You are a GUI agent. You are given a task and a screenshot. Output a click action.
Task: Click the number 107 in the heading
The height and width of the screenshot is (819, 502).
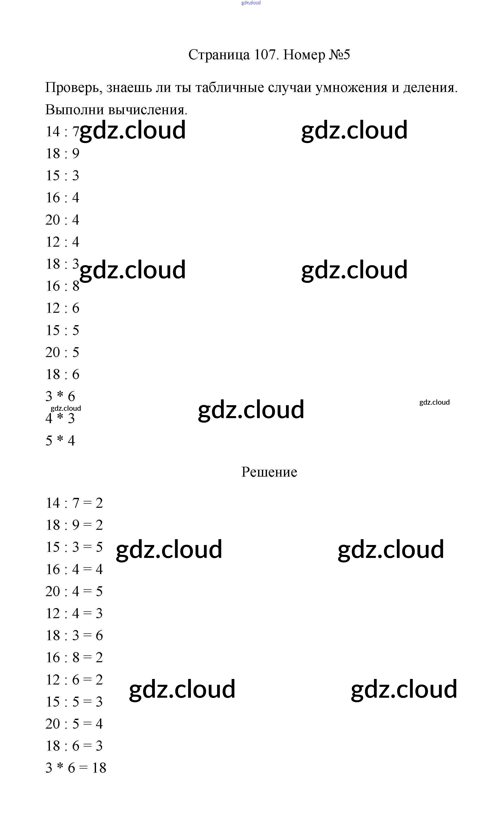pos(265,54)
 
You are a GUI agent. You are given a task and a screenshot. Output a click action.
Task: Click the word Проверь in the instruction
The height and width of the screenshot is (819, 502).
pos(73,88)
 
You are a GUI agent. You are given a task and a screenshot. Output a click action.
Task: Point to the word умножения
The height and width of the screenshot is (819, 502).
pos(351,88)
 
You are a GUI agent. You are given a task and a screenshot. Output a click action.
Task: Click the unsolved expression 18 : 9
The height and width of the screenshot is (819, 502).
pos(63,153)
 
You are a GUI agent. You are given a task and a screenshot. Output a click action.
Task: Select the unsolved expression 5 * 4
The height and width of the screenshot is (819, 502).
pos(60,441)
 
